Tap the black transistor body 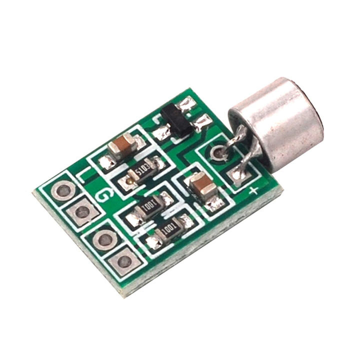(176, 120)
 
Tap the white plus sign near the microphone (253, 190)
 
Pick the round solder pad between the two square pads (104, 240)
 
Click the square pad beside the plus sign (238, 175)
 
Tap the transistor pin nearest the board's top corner (187, 104)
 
